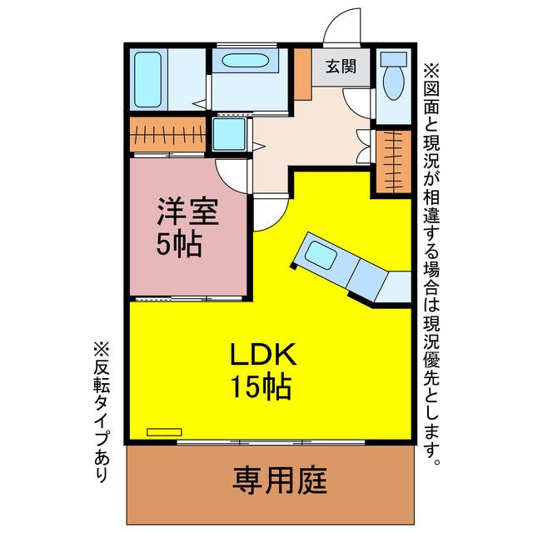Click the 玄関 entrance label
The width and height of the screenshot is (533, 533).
pyautogui.click(x=341, y=67)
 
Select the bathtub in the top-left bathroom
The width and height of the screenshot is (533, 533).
pyautogui.click(x=148, y=80)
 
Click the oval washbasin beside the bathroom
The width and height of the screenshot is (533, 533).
pyautogui.click(x=246, y=61)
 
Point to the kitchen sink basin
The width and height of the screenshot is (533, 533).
pyautogui.click(x=321, y=256)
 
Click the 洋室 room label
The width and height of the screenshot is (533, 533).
pyautogui.click(x=187, y=211)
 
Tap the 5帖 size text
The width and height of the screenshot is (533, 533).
pyautogui.click(x=179, y=244)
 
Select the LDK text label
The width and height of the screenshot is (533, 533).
pyautogui.click(x=263, y=354)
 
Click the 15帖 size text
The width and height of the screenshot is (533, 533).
pyautogui.click(x=261, y=386)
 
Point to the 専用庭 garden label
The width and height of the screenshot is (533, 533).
pyautogui.click(x=280, y=481)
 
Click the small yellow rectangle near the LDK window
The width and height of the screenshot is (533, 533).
pyautogui.click(x=164, y=432)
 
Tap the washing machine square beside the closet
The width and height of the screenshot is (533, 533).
pyautogui.click(x=229, y=134)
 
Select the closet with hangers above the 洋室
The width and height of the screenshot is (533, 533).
pyautogui.click(x=168, y=135)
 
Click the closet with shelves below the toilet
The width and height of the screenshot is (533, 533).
pyautogui.click(x=394, y=161)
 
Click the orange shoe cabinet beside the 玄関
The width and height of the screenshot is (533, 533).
pyautogui.click(x=303, y=74)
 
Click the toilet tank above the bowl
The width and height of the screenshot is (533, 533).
pyautogui.click(x=394, y=59)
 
